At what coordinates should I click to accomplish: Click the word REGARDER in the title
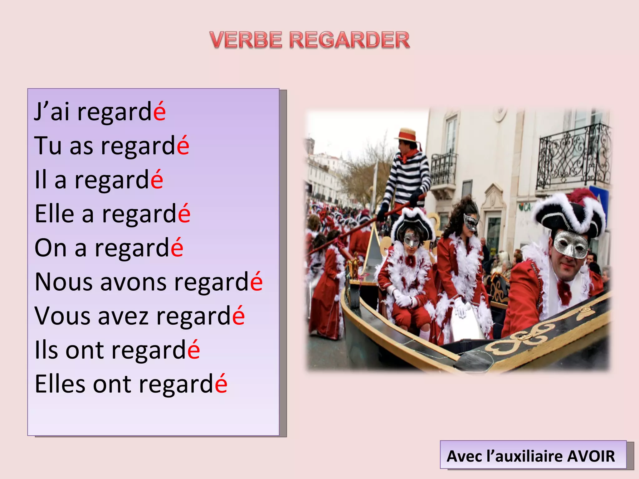tap(349, 40)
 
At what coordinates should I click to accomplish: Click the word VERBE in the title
tap(246, 40)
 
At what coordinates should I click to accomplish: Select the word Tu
tap(48, 145)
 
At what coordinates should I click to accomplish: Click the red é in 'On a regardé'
tap(177, 248)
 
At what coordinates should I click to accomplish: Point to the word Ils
tap(46, 350)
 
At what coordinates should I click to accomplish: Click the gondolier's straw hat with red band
tap(406, 135)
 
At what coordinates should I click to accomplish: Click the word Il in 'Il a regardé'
tap(40, 180)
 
